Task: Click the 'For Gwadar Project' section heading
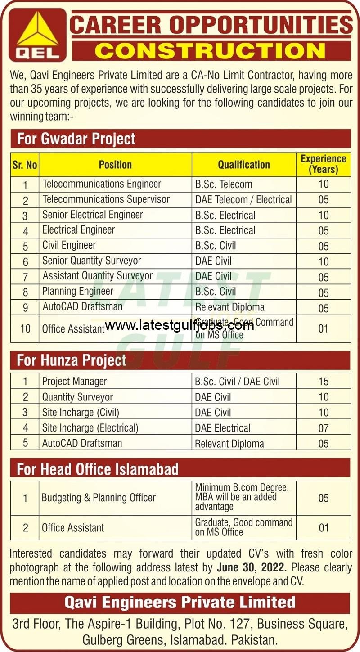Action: click(76, 139)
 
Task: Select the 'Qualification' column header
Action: click(244, 165)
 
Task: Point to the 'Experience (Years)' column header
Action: click(323, 164)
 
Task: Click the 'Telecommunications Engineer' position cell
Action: click(102, 184)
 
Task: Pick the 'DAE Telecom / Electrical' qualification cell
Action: click(243, 199)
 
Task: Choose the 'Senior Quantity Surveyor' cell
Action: click(92, 261)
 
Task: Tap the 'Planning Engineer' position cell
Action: click(78, 291)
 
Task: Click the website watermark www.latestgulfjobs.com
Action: click(179, 325)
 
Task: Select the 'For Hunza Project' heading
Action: click(72, 360)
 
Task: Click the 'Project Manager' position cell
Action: click(75, 382)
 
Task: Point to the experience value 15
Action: click(323, 382)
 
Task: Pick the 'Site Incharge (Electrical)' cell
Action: click(90, 427)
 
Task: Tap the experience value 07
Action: click(323, 428)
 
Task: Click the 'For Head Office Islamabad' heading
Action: click(98, 469)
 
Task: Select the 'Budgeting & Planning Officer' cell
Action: click(99, 498)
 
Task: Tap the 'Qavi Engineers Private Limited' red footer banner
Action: click(180, 602)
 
